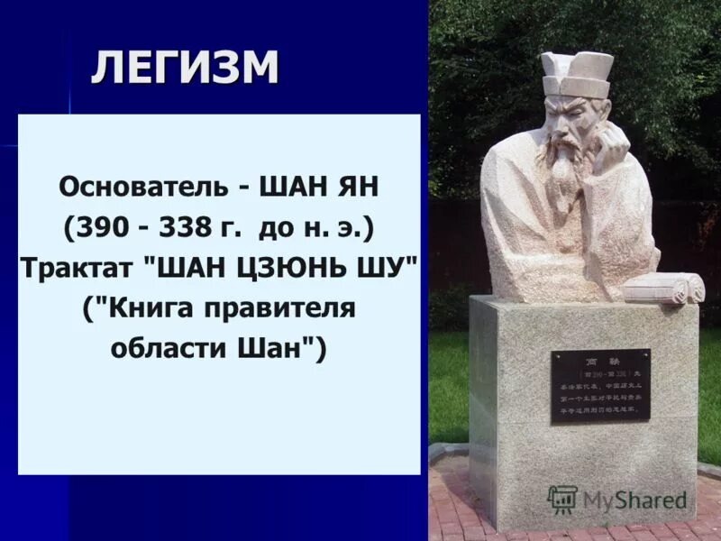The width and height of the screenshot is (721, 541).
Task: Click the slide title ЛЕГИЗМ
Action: [184, 69]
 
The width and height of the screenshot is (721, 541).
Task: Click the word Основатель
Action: [131, 190]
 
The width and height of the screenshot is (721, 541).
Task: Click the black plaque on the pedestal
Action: [600, 386]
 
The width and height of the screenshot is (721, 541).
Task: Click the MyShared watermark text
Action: [634, 500]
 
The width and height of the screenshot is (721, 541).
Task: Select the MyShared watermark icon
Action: [562, 499]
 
